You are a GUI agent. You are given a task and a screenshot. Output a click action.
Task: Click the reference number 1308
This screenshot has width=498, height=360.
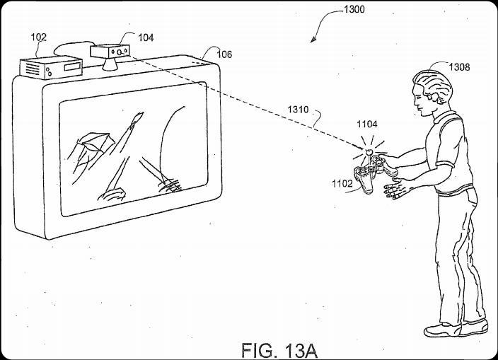[458, 68]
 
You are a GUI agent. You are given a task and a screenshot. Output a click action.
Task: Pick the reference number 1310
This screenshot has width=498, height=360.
[298, 110]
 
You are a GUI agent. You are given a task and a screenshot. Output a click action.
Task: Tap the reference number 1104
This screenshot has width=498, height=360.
[366, 124]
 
